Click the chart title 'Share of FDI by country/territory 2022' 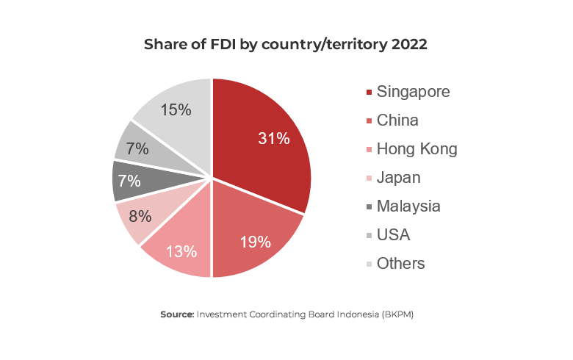(286, 44)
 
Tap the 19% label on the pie (256, 241)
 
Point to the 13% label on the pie (181, 251)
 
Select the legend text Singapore (413, 92)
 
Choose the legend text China (397, 120)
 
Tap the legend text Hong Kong (417, 149)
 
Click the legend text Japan (398, 178)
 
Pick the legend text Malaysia (408, 206)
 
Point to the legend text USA (393, 235)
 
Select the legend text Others (400, 264)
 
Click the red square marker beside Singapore (368, 93)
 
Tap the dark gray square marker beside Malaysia (368, 207)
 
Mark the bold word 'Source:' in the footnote (177, 314)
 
